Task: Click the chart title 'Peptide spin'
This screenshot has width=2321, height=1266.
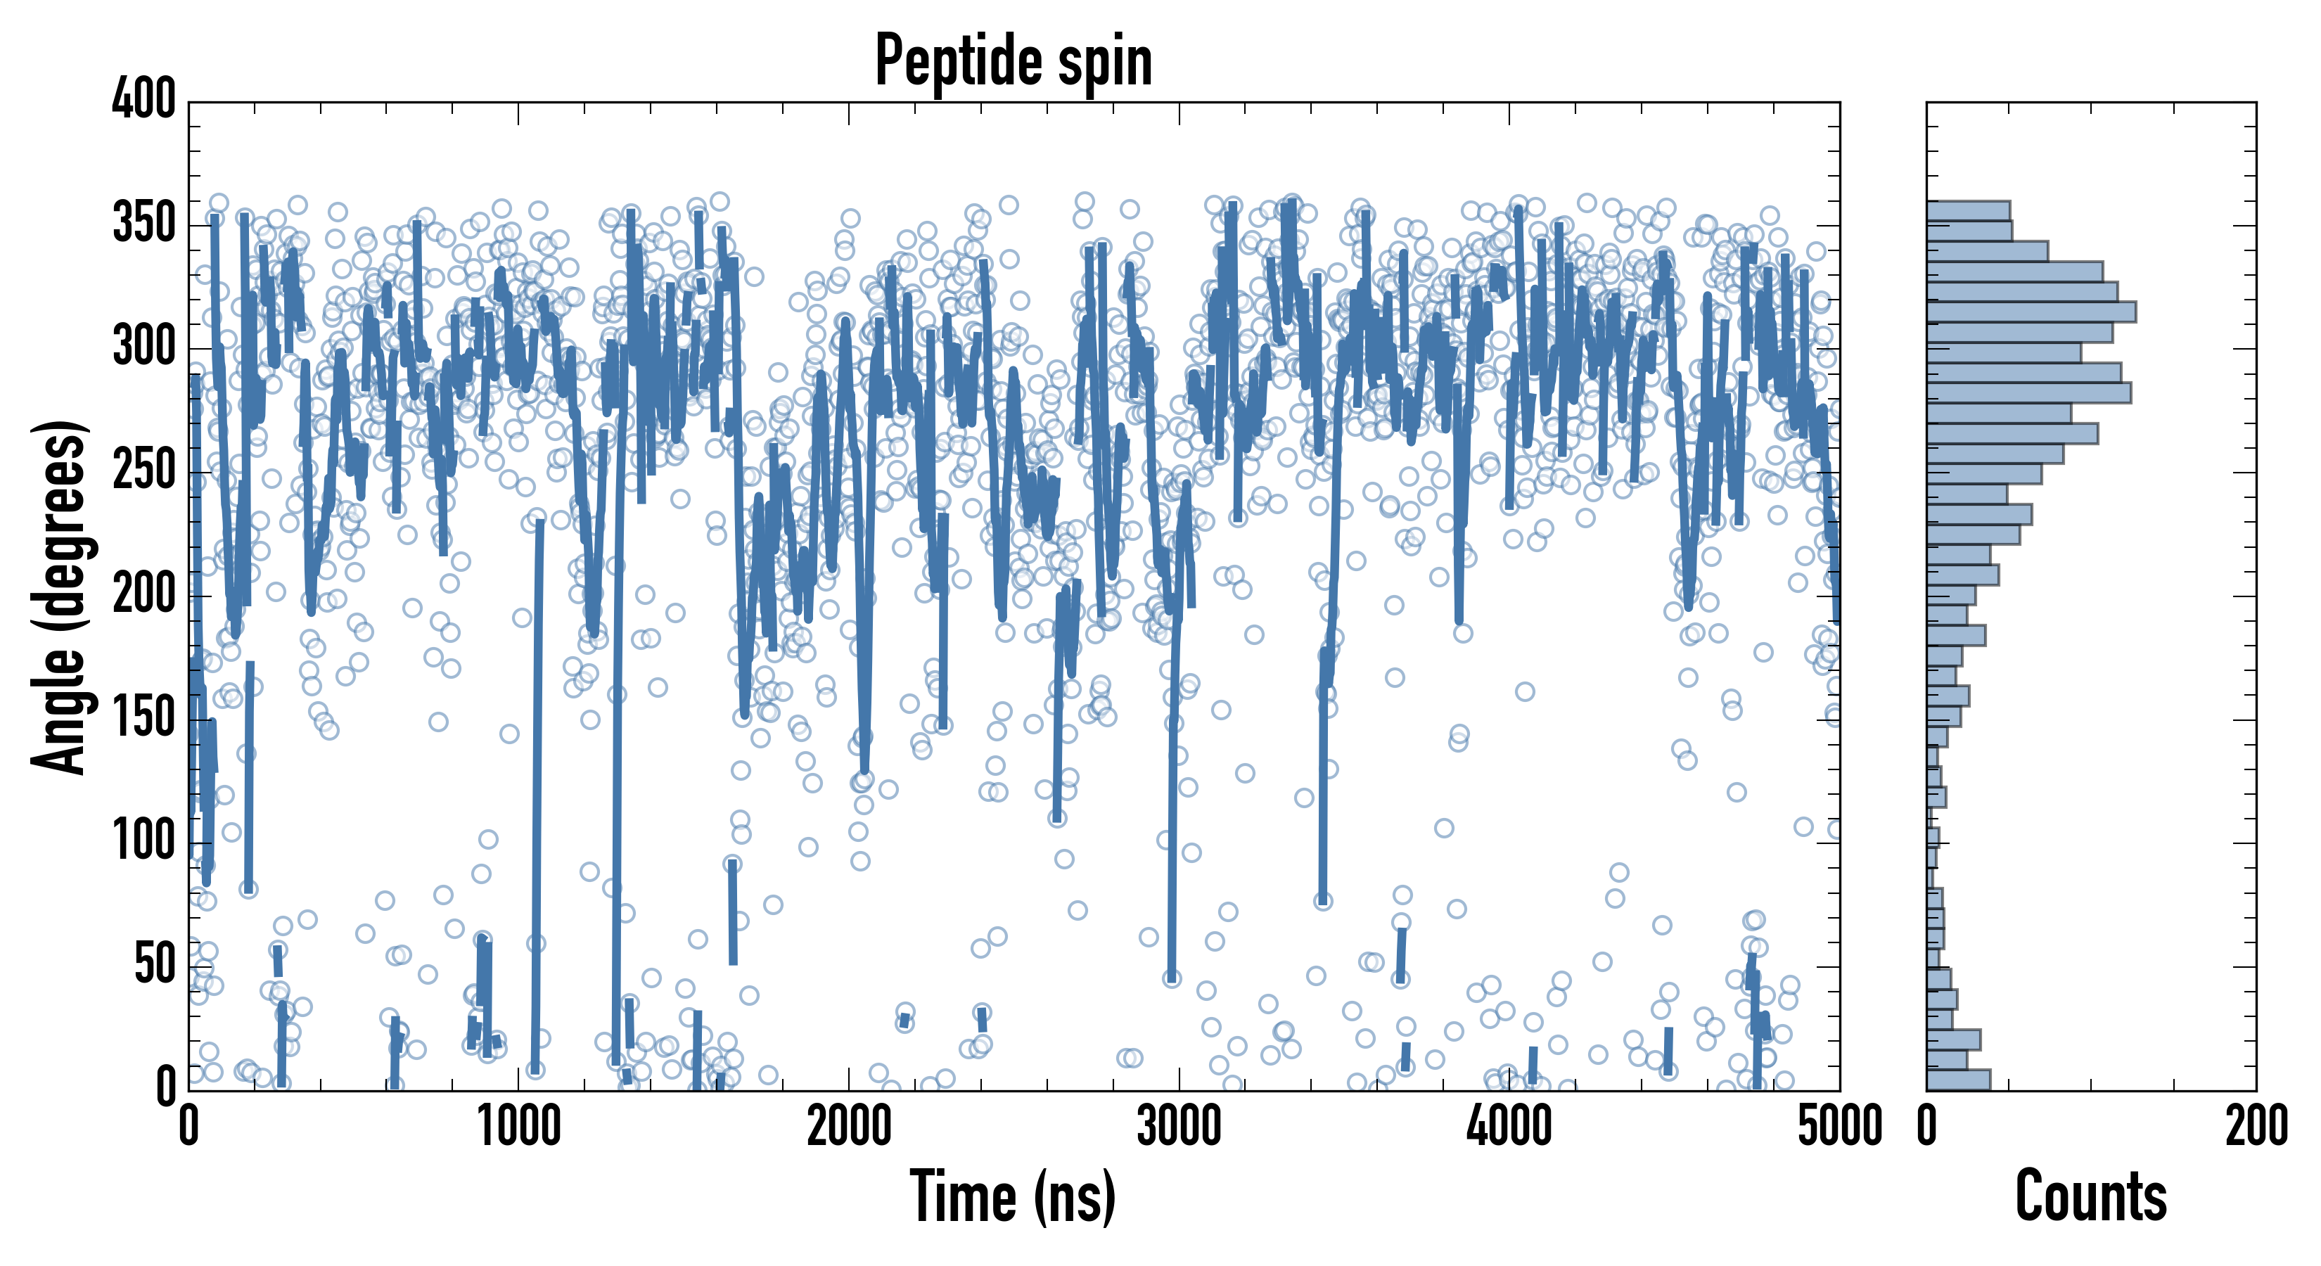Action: (1014, 61)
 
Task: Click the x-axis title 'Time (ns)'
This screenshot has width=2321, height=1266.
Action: (1014, 1196)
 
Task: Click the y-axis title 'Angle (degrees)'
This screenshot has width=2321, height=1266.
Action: (60, 596)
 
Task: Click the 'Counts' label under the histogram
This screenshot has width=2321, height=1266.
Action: (2090, 1196)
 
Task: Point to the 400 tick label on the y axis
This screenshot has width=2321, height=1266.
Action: (144, 99)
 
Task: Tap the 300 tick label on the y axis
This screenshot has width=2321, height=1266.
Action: (144, 347)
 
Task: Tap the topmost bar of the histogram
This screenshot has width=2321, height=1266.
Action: (1968, 211)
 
